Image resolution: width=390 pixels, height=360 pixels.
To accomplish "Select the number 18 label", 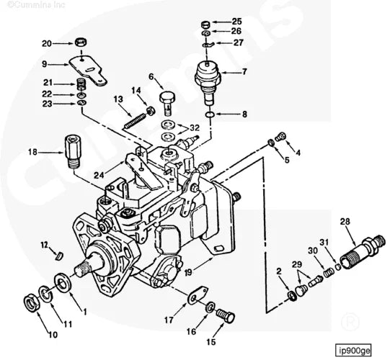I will point(32,152).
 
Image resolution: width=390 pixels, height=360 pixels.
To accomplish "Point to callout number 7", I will point(244,72).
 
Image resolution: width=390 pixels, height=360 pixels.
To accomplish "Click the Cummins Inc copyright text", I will point(30,5).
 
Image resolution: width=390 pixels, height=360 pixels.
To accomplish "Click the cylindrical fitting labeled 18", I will point(74,150).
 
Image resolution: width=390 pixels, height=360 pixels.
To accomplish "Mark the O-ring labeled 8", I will point(208,114).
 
